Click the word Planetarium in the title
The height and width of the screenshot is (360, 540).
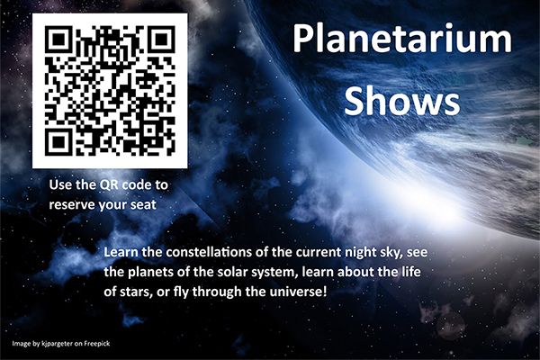click(x=400, y=41)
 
